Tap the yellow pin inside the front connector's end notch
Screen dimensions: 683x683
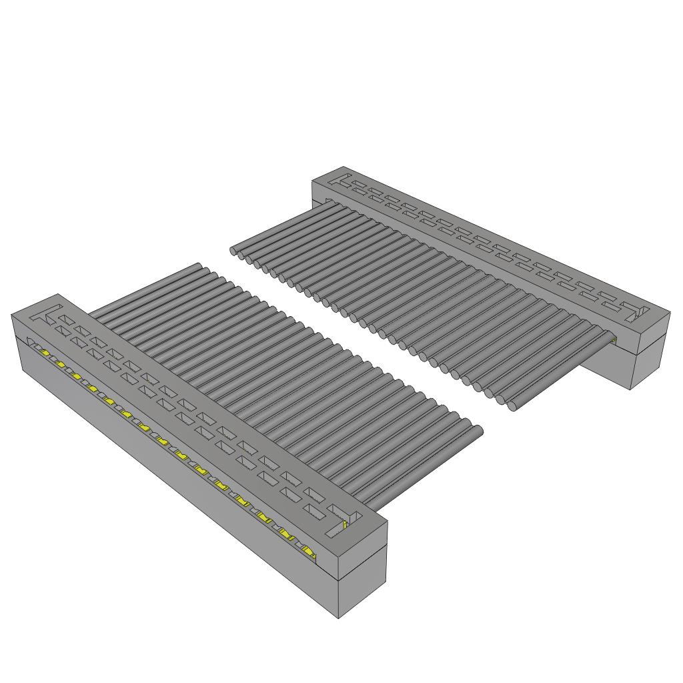(344, 526)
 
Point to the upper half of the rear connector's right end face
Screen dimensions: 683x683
(651, 331)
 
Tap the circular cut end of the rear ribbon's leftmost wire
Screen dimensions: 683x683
(233, 251)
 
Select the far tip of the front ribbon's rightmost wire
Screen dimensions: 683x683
(478, 430)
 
